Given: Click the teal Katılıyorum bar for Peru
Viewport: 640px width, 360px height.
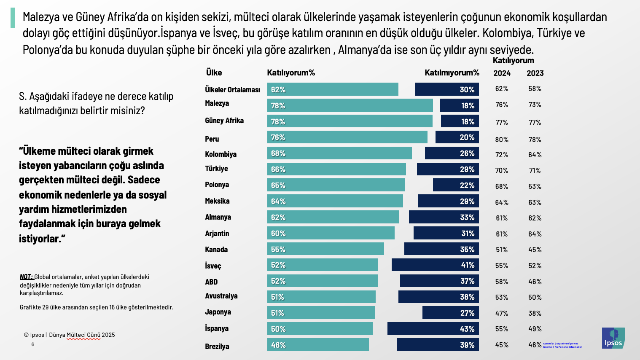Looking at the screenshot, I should pos(347,137).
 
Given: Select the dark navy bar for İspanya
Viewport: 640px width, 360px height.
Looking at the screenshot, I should pos(433,329).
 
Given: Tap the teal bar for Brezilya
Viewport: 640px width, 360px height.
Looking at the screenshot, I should pos(318,345).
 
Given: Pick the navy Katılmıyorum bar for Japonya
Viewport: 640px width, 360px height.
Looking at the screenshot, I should pos(450,313).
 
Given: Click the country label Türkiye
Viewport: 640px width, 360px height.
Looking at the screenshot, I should pos(216,169).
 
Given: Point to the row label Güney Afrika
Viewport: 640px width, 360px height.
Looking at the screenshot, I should pos(224,121).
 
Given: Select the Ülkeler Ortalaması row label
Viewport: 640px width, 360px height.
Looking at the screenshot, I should pos(232,89).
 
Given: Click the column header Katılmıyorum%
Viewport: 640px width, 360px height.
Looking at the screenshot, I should pos(452,73).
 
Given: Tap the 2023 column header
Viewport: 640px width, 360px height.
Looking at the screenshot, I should pos(535,73).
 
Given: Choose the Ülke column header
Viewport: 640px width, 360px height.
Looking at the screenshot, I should pos(214,73).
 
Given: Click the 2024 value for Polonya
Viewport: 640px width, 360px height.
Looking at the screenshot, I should pos(502,186).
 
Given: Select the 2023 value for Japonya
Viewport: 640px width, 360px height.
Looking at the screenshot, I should pos(535,313).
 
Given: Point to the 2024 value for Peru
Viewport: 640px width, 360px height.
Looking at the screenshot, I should pos(502,140).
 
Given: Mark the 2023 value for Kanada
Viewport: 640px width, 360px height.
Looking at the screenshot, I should pos(535,250).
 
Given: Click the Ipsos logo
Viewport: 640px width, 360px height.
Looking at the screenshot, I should pos(613,338).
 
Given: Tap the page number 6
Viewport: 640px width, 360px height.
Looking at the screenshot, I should pos(32,344).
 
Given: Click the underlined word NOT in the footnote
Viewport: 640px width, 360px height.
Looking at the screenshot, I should pos(26,277).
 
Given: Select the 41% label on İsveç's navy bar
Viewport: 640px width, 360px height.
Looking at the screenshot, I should pos(467,265).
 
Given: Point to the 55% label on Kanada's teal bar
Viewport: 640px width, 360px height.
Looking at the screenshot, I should pos(278,250).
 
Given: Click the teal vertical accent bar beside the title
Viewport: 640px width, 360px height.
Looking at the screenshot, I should pos(13,18).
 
